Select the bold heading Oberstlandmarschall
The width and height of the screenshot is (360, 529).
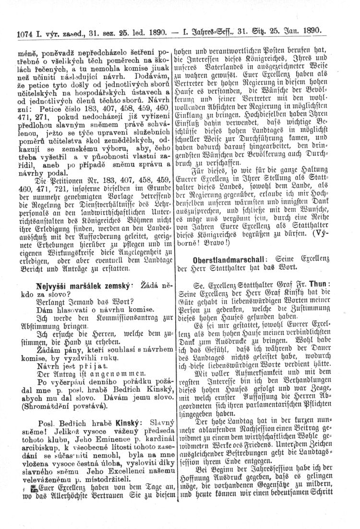click(226, 260)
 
